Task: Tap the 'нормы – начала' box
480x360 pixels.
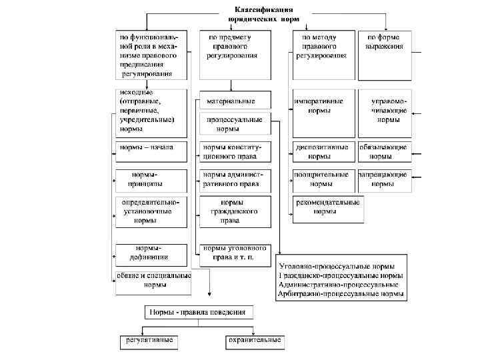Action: [x=152, y=151]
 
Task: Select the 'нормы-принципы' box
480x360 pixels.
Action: [x=152, y=179]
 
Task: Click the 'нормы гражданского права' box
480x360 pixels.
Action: [x=233, y=211]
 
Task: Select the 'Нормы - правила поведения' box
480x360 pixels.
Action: [x=197, y=312]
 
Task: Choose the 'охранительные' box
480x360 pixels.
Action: [x=253, y=341]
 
